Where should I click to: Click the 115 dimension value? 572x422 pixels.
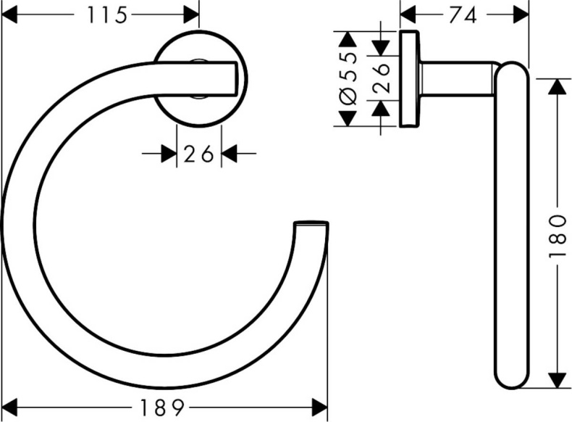[106, 14]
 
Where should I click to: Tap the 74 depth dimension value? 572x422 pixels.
[463, 14]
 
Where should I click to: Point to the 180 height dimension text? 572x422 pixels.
[556, 236]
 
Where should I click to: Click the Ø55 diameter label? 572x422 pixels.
[348, 78]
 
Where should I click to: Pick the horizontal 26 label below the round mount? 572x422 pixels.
[198, 153]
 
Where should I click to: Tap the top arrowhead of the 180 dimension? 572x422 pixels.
[556, 86]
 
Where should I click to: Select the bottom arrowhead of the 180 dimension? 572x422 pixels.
[556, 381]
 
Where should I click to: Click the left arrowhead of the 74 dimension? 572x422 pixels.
[408, 14]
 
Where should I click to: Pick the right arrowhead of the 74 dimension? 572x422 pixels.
[521, 14]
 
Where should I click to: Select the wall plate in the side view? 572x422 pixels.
[408, 78]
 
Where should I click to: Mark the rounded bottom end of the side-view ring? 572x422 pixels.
[512, 377]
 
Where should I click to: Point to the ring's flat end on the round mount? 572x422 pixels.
[233, 78]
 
